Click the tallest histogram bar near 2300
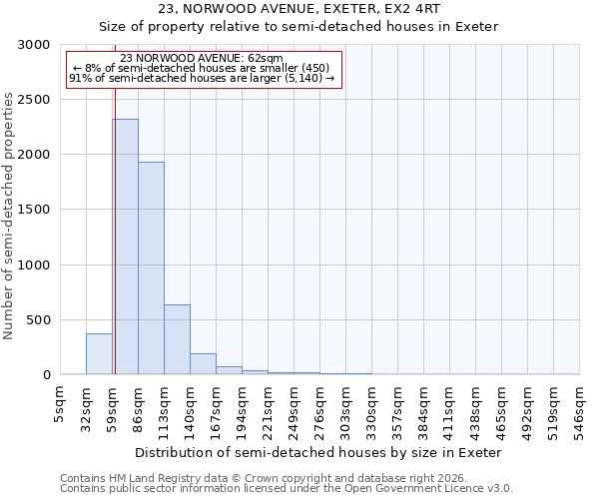point(125,247)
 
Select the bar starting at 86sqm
point(151,268)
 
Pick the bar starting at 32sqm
point(99,354)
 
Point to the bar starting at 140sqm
point(203,364)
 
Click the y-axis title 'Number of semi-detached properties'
point(10,216)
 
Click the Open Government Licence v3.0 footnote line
point(287,489)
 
